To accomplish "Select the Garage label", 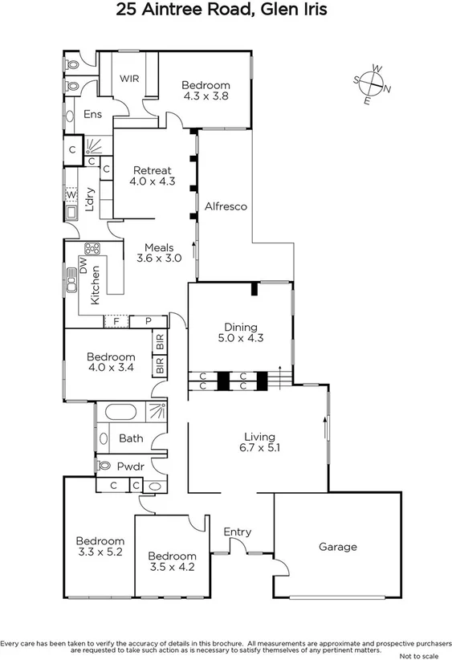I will pos(337,547).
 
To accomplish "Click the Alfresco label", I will pos(226,206).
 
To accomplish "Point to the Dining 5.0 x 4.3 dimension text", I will pos(240,338).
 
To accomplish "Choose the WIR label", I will pos(130,79).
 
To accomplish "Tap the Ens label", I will pos(93,115).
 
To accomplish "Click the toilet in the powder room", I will pos(104,465).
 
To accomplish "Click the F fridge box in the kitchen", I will pos(116,321).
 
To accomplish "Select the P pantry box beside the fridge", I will pos(149,321).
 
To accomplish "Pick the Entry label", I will pos(237,532).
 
